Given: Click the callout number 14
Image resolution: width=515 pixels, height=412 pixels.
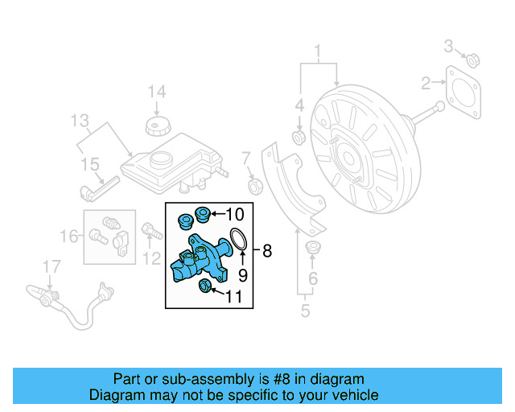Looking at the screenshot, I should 155,91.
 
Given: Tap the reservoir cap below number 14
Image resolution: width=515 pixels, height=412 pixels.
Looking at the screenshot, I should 155,126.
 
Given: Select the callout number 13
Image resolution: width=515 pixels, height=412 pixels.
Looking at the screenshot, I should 80,122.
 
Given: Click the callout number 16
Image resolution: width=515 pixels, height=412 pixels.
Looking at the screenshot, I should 72,236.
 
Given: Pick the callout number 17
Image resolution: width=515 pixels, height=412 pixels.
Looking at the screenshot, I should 51,266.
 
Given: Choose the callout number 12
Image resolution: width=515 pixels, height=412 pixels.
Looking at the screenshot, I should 151,257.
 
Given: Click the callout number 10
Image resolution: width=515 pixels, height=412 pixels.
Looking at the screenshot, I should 233,214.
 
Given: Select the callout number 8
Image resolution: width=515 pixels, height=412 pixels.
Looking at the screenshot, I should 267,251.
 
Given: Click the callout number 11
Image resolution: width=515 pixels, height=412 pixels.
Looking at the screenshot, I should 233,297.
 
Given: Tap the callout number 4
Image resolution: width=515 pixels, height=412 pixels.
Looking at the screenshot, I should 299,105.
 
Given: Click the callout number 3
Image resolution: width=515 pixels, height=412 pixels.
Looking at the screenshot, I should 450,45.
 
